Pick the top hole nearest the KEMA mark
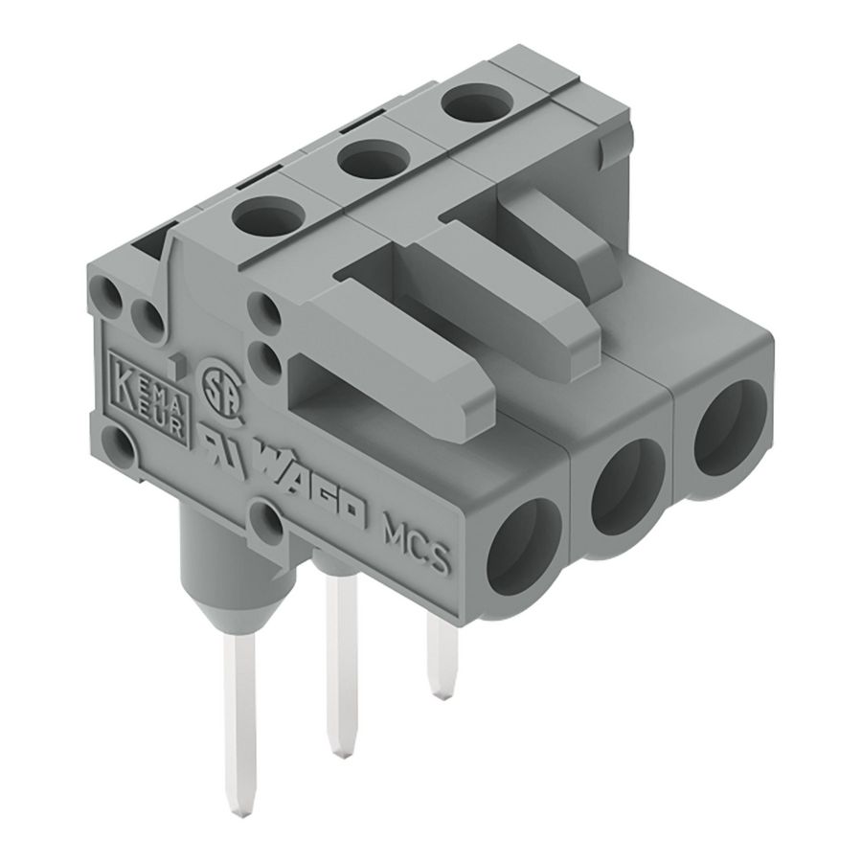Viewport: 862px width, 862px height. click(x=262, y=214)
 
